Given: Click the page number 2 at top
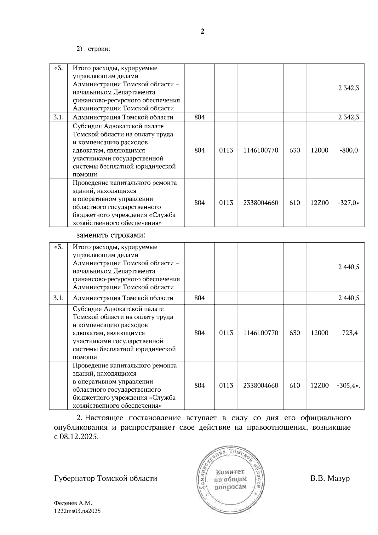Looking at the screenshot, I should coord(203,32).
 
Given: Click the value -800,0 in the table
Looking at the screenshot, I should coord(349,150).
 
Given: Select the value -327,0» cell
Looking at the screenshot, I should coord(349,203).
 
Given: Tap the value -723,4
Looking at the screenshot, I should coord(349,333).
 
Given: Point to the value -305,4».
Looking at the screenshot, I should coord(349,386).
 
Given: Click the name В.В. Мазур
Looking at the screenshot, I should coord(330,478).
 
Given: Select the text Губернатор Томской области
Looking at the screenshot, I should coord(106,478).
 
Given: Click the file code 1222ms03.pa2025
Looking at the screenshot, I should coord(77,511).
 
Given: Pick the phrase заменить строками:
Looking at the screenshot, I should coord(111,235).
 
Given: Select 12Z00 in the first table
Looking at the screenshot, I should coord(319,203).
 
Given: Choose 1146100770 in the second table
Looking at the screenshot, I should coord(261,333).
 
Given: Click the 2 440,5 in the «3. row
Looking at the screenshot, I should coord(349,267).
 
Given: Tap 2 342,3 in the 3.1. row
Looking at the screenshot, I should coord(349,118).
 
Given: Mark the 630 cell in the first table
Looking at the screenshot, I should coord(295,150).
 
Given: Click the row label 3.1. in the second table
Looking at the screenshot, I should coord(58,298).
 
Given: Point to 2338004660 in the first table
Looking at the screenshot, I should coord(261,203).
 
